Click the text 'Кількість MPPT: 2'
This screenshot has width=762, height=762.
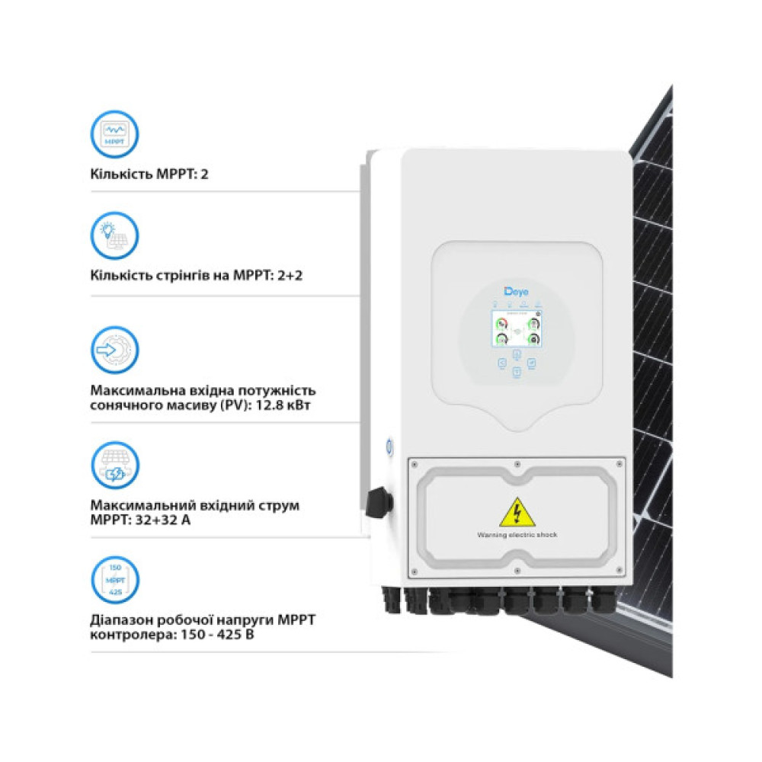coord(149,174)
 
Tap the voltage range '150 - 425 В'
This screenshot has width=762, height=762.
coord(200,633)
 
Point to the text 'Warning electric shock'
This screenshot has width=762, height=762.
coord(517,535)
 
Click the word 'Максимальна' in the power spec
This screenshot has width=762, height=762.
coord(132,390)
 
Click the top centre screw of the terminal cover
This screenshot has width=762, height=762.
coord(517,464)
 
